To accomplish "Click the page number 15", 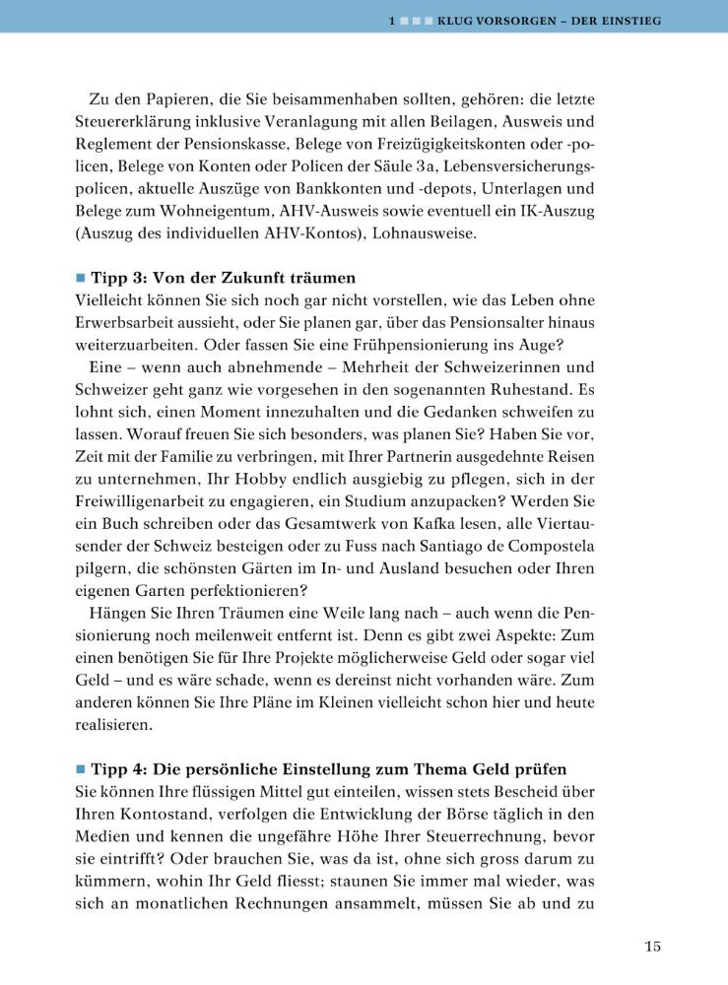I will [652, 948].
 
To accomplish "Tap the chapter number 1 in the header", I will [393, 20].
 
